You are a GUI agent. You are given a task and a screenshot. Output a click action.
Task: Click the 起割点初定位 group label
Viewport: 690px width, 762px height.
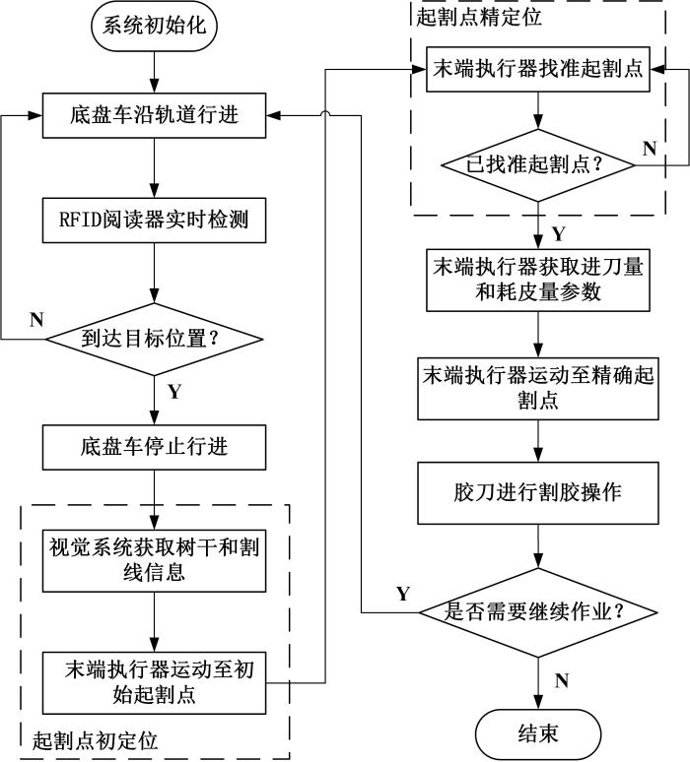pos(96,737)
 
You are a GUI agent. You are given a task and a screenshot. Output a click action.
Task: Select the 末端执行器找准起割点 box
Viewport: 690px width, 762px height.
pos(537,72)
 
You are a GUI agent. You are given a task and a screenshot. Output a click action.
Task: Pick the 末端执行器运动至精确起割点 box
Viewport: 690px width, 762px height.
pos(537,387)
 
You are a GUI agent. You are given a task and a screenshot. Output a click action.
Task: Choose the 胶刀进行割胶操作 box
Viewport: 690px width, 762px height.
pos(537,491)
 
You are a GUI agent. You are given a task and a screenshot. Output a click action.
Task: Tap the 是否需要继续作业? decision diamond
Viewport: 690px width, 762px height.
pos(537,611)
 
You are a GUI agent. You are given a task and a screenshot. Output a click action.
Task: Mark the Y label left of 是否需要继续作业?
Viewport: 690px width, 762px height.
pos(402,593)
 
